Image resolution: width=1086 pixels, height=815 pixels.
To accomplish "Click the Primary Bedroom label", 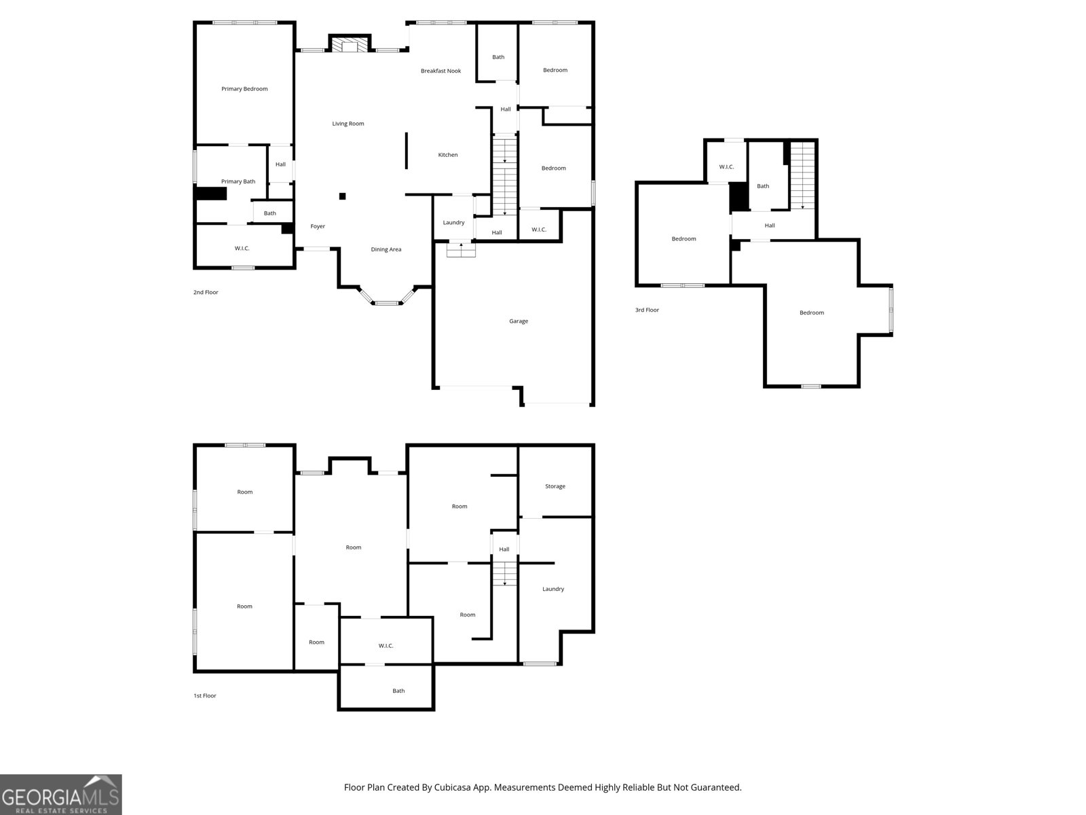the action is click(x=244, y=89).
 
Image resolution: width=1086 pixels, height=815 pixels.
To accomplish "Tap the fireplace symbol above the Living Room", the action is click(x=350, y=44).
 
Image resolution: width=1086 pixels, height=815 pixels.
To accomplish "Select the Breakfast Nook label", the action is click(x=441, y=71).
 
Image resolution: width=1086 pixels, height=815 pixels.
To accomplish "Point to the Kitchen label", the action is click(x=448, y=155).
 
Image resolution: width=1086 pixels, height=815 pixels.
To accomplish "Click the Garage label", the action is click(x=519, y=321).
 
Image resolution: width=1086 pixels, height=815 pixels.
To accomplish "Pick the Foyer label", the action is click(x=318, y=226).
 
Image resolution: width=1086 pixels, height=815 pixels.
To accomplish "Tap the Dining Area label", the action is click(x=386, y=249).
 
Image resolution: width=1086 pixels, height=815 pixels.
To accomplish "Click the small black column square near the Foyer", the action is click(x=342, y=196).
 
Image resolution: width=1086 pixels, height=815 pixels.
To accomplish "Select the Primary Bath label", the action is click(x=238, y=181).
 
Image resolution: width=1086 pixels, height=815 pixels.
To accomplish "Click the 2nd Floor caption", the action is click(x=206, y=293).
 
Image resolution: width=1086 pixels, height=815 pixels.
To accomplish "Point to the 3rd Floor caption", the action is click(x=647, y=310).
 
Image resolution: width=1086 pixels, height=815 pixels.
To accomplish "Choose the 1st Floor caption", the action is click(x=205, y=695).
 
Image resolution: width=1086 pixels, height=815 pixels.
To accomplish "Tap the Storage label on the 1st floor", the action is click(x=555, y=486).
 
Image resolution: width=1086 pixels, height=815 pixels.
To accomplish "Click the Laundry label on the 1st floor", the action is click(x=553, y=589).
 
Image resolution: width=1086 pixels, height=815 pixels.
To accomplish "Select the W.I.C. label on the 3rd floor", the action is click(x=726, y=167).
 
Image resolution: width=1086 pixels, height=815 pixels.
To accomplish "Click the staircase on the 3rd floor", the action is click(x=802, y=176).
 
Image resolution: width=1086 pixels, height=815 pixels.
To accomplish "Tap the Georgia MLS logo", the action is click(x=61, y=794).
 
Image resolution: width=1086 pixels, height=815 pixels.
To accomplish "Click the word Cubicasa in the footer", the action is click(x=452, y=787).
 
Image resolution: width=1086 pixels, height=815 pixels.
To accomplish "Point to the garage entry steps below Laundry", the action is click(x=461, y=250).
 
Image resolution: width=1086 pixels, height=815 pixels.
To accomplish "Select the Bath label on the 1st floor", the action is click(x=398, y=691).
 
